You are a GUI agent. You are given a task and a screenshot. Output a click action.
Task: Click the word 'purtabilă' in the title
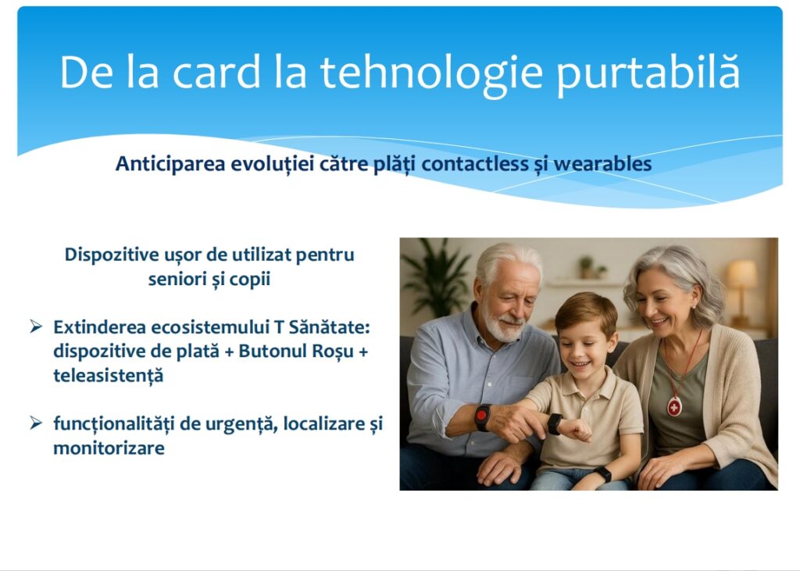648,73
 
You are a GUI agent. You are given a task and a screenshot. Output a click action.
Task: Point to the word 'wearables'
602,164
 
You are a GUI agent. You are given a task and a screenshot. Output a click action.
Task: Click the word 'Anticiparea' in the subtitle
170,164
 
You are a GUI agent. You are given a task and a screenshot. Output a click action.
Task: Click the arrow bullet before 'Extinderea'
36,326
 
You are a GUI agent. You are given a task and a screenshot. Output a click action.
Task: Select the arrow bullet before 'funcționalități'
36,423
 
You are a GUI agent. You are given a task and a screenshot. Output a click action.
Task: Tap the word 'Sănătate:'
330,327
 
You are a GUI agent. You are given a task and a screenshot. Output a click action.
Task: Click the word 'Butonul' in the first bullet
273,351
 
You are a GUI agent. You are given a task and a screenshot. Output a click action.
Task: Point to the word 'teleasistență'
109,376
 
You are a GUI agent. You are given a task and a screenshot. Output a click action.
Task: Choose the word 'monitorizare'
109,448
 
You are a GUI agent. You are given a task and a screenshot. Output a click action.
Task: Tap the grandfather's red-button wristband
483,417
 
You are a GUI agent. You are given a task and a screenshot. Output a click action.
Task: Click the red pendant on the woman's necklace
674,407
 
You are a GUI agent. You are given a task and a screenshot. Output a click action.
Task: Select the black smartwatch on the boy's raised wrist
555,424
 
